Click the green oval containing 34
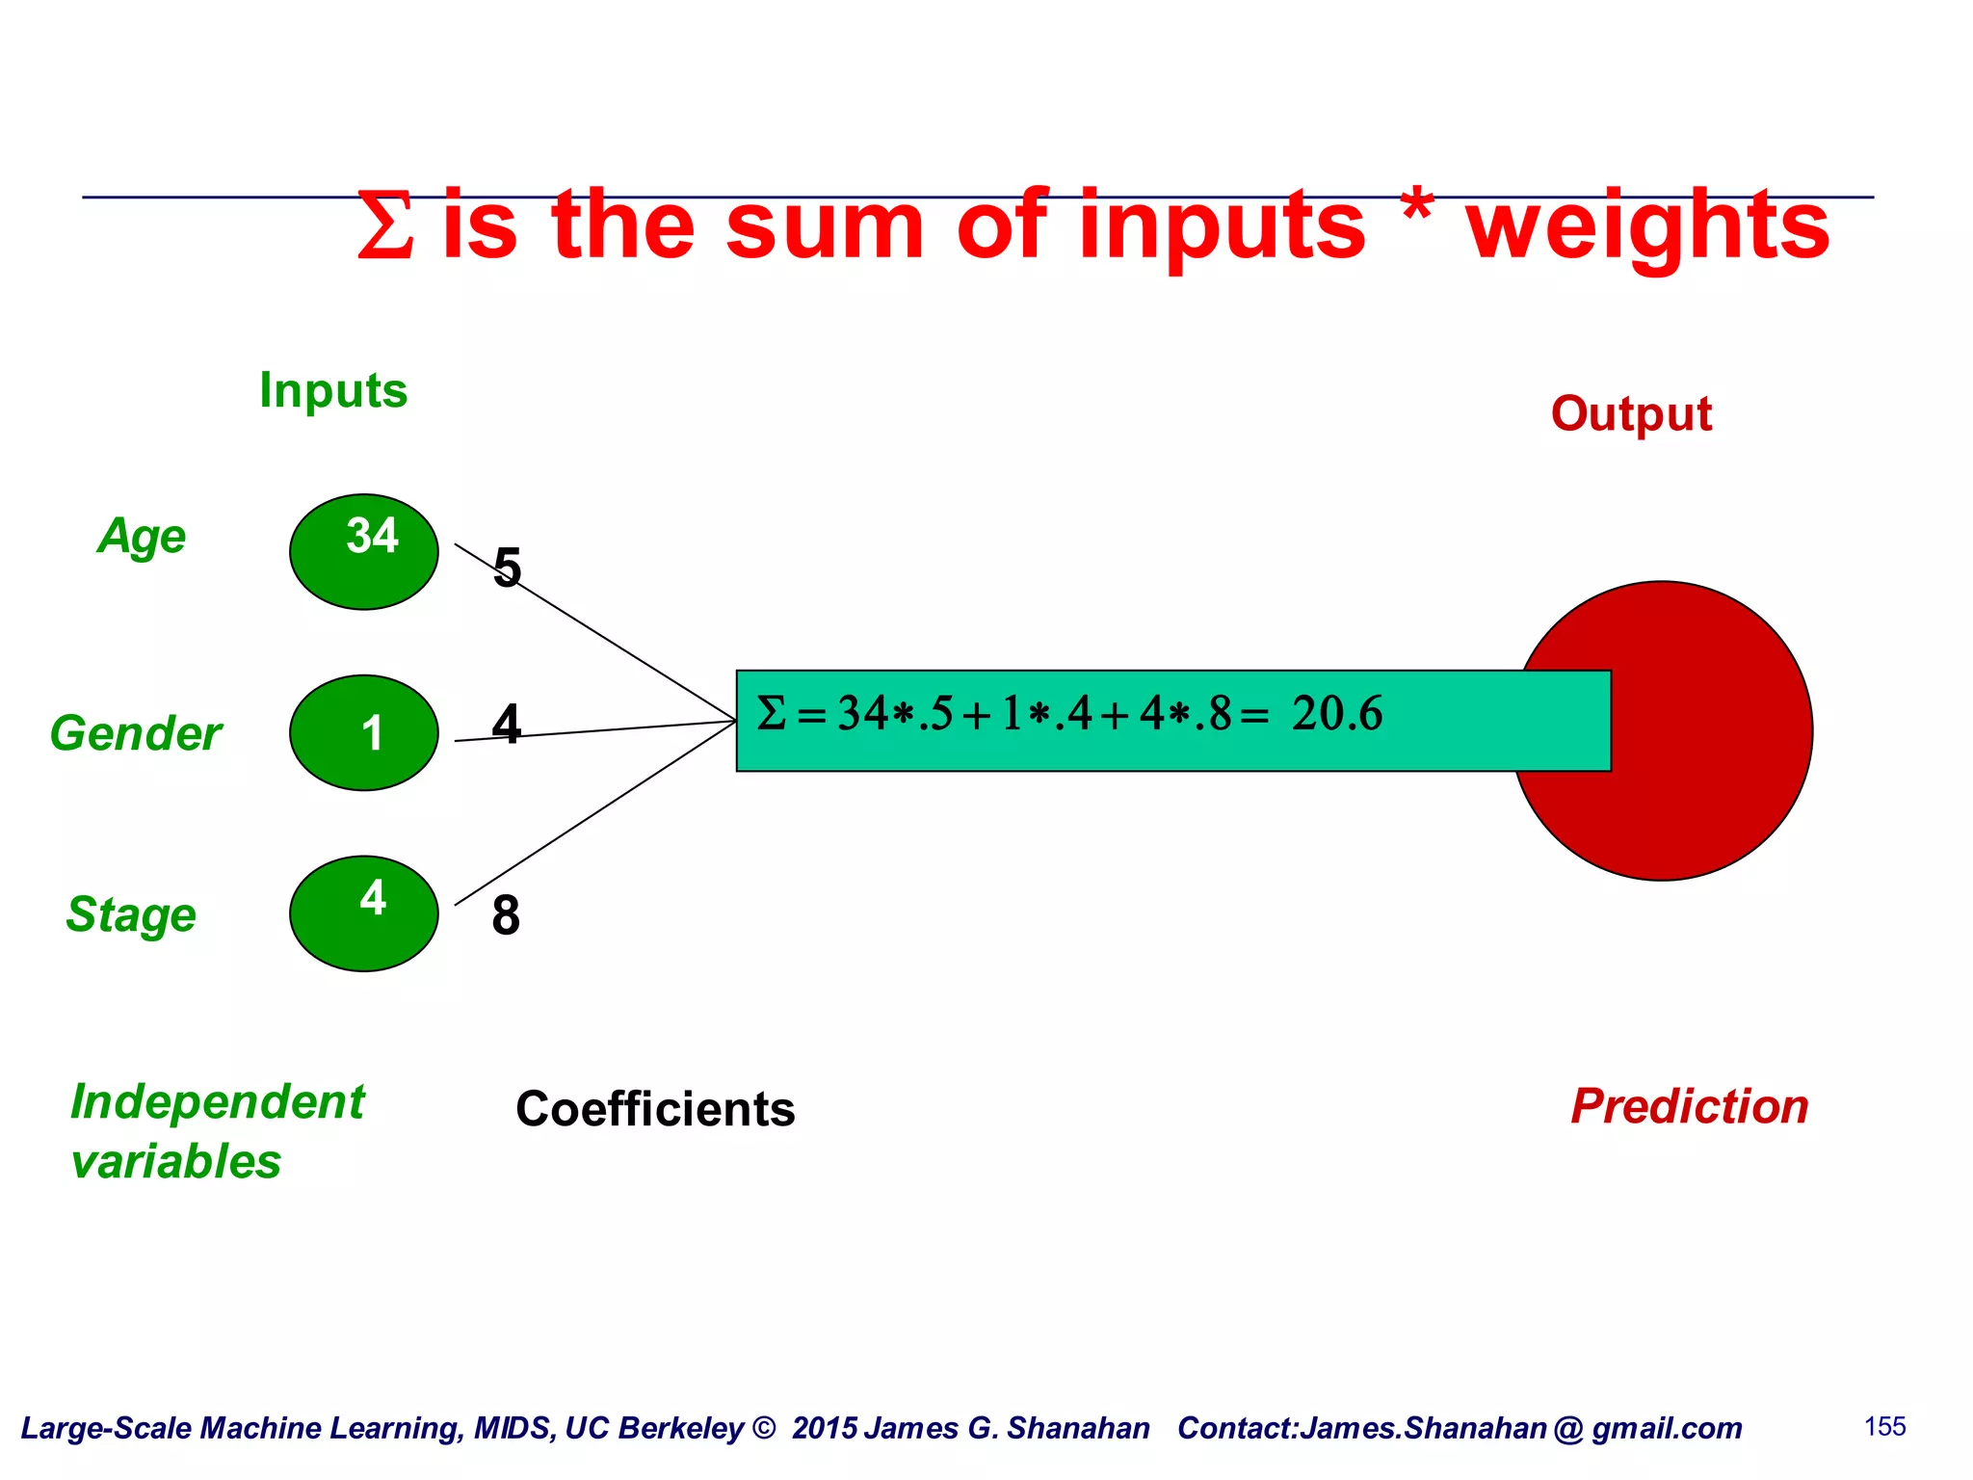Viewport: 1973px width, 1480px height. pyautogui.click(x=364, y=551)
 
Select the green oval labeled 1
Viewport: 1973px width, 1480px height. pyautogui.click(x=364, y=732)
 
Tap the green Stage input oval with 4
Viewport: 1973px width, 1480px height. pyautogui.click(x=364, y=912)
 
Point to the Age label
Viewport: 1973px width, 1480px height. pyautogui.click(x=142, y=536)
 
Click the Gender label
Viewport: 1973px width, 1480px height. pyautogui.click(x=136, y=733)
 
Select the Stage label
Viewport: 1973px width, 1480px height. pyautogui.click(x=131, y=914)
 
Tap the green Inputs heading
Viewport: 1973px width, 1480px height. pyautogui.click(x=333, y=390)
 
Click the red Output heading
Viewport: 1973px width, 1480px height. pyautogui.click(x=1630, y=414)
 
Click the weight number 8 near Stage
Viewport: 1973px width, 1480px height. pyautogui.click(x=506, y=915)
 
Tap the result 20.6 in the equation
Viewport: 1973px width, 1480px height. pyautogui.click(x=1336, y=714)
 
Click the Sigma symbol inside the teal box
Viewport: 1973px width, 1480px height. pyautogui.click(x=771, y=714)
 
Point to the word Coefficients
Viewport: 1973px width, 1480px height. pyautogui.click(x=655, y=1109)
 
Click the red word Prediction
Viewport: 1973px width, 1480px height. pyautogui.click(x=1689, y=1106)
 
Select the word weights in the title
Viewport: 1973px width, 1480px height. pyautogui.click(x=1647, y=226)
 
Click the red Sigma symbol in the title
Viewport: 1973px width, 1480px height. pyautogui.click(x=385, y=226)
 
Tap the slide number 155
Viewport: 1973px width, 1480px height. pyautogui.click(x=1884, y=1427)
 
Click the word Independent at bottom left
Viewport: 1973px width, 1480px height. pyautogui.click(x=218, y=1101)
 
